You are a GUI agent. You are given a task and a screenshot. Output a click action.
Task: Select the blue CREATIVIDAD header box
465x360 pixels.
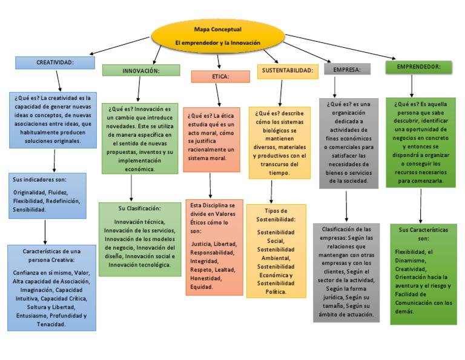(54, 62)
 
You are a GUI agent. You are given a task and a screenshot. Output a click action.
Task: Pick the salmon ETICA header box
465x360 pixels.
(220, 77)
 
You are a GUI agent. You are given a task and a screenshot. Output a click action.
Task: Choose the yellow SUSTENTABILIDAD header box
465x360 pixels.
(288, 71)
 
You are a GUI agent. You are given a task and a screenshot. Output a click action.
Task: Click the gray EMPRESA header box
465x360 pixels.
(347, 70)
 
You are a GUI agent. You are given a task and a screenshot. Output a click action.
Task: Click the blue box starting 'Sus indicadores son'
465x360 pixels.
(47, 195)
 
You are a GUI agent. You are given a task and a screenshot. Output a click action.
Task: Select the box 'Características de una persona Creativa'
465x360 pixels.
(51, 287)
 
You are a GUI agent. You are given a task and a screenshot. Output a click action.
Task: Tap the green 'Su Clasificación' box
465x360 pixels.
(140, 239)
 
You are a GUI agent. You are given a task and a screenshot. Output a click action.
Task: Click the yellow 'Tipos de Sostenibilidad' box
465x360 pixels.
(275, 251)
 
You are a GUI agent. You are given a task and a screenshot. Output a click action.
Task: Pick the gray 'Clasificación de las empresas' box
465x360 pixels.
(346, 272)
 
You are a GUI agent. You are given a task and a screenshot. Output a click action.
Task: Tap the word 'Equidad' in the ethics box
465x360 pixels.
(202, 287)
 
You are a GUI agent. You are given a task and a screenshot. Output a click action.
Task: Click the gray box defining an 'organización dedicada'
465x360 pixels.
(349, 143)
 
